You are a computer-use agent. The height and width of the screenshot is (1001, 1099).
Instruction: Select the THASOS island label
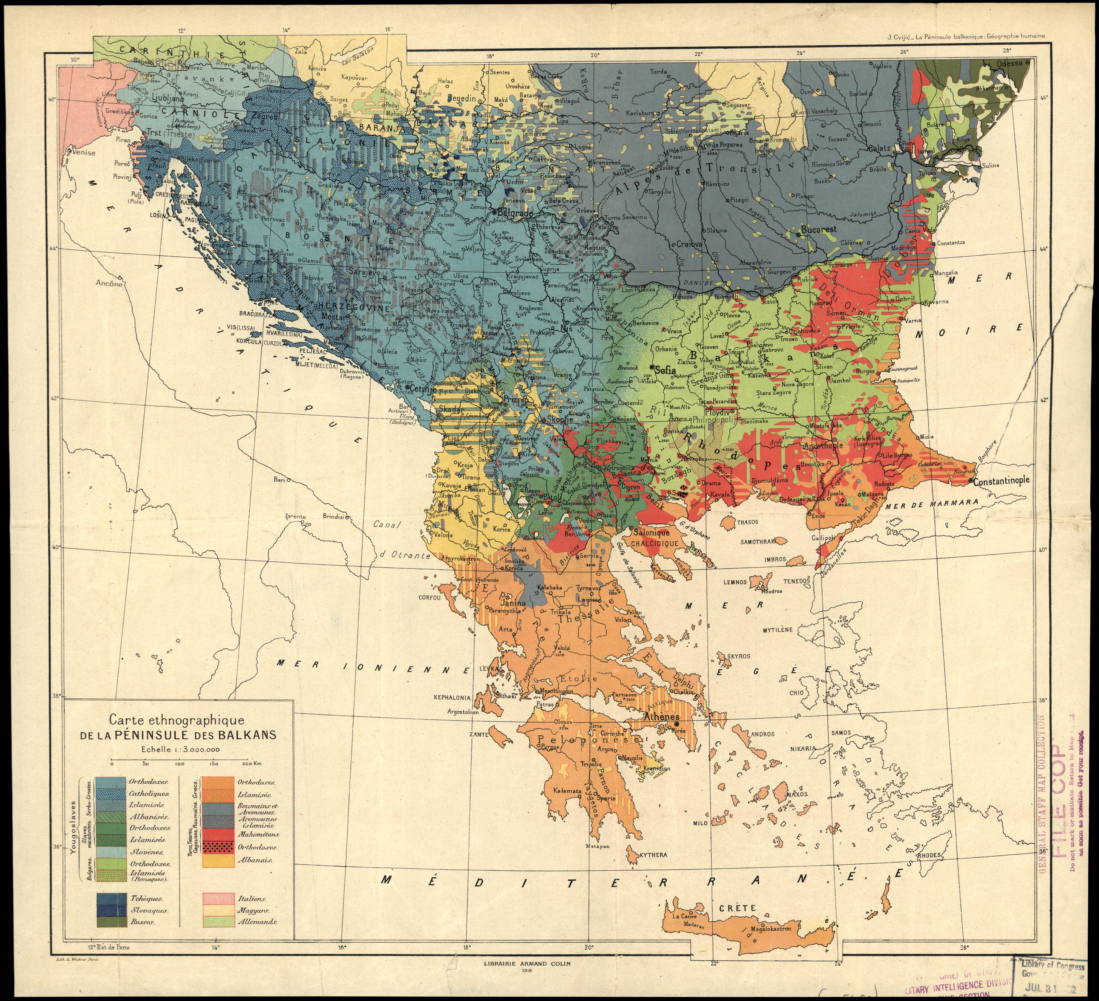747,522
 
